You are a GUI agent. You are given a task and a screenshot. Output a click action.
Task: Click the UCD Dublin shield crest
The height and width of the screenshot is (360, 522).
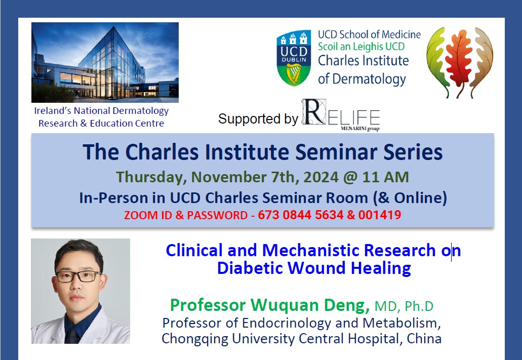coord(294,58)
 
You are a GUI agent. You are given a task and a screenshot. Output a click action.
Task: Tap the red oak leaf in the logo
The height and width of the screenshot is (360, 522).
coord(459,62)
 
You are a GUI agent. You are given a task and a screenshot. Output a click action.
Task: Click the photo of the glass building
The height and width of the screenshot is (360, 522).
coord(105,62)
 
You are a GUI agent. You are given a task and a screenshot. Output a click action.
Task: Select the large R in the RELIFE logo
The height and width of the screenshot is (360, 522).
coord(313,112)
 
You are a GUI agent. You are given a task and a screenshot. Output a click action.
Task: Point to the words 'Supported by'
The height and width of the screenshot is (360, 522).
coord(258,119)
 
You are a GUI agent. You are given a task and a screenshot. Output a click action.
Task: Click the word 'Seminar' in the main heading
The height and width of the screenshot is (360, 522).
coord(337,152)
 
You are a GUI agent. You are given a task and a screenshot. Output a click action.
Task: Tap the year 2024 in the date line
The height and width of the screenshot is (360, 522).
coord(321,177)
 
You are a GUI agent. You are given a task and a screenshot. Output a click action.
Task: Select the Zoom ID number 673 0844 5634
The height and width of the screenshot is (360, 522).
coord(301,215)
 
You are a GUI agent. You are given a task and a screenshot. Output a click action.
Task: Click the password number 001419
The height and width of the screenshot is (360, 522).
coord(380,215)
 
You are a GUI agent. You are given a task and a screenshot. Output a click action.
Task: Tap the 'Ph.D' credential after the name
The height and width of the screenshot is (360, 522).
coord(419,306)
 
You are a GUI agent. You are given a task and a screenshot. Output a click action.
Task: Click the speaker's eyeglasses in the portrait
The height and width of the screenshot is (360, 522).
coord(79,276)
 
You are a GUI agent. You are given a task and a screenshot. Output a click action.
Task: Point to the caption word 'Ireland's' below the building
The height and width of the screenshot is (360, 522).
coord(53,110)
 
